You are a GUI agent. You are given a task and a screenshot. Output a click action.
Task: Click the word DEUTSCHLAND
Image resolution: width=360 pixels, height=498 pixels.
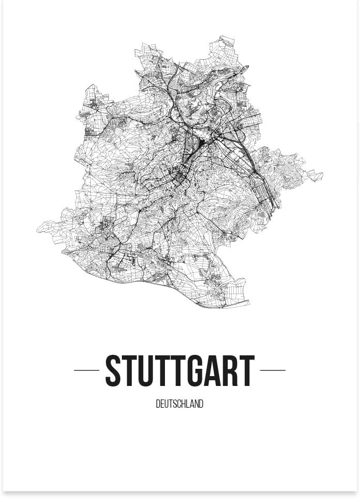179,404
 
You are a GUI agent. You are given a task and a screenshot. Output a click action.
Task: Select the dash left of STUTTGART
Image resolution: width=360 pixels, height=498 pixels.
87,370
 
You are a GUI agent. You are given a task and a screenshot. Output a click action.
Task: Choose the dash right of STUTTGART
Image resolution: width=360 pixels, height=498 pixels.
272,370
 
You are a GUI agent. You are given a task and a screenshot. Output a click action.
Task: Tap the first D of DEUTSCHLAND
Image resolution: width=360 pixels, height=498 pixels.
158,404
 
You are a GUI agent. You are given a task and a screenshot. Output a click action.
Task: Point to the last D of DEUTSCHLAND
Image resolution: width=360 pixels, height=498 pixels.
201,404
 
